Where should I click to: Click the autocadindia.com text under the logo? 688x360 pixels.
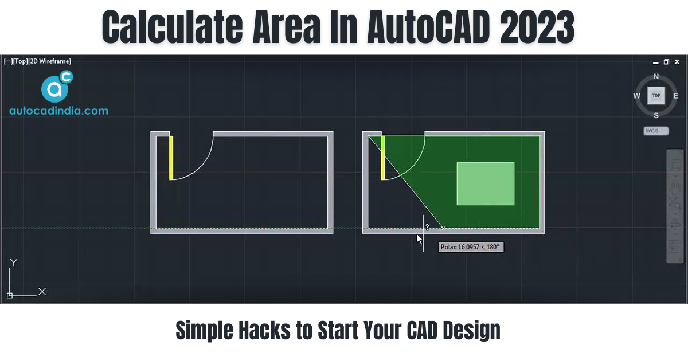58,111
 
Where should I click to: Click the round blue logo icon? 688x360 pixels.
55,88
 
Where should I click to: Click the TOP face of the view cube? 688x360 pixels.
656,96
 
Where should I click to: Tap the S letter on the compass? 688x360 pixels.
656,115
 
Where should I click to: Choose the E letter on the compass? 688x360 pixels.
675,96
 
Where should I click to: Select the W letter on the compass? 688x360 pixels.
637,96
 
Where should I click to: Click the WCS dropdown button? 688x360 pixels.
656,131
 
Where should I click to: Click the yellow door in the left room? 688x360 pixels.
171,158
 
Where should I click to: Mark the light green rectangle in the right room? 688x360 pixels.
485,183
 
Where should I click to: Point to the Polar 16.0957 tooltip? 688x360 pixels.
471,247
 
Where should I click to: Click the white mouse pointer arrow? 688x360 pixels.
419,239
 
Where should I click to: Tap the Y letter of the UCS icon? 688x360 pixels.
14,263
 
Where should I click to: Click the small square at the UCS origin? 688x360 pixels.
10,295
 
